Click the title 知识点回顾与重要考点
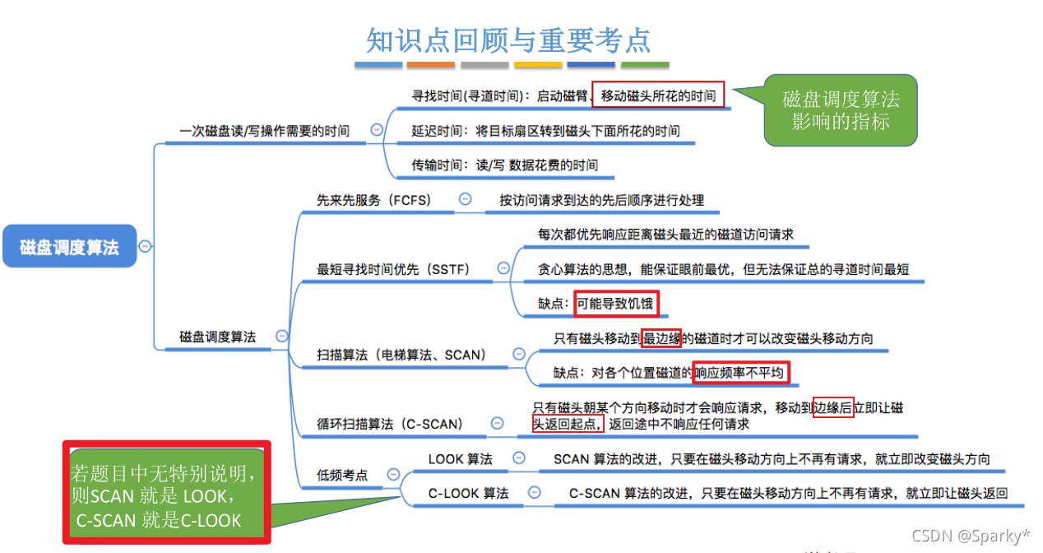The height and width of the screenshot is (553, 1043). [508, 39]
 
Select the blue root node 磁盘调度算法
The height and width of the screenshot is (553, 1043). [69, 246]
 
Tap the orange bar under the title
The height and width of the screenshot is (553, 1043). [430, 64]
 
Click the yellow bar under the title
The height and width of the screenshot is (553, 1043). [538, 64]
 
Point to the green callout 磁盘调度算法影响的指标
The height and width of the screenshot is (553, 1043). [841, 111]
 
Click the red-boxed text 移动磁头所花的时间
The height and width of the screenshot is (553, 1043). [658, 95]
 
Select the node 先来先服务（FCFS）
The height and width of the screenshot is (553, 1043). [374, 200]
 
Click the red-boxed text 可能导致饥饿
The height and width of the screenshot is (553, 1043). [615, 304]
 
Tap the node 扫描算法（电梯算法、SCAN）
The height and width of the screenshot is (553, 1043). [401, 355]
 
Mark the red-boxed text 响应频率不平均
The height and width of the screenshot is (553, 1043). [741, 373]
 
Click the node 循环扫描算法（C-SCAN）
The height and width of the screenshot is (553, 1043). [390, 424]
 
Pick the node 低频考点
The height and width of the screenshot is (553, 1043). [342, 475]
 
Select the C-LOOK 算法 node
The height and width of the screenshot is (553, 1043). [468, 493]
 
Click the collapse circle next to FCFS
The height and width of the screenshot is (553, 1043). [465, 199]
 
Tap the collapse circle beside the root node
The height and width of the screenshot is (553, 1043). [146, 245]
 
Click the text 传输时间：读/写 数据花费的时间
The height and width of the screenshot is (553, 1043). [504, 165]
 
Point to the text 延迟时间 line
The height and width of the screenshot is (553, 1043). [545, 130]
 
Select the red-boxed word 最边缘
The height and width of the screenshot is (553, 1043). [662, 337]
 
